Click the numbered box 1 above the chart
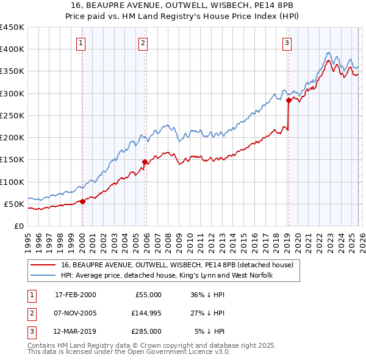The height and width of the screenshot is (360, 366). pos(81,43)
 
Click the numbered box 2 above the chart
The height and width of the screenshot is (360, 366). pos(143,43)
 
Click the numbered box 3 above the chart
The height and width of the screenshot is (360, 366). pos(287,43)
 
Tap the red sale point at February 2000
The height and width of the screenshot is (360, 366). pos(82,202)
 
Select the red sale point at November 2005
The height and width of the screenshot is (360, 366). pos(145,162)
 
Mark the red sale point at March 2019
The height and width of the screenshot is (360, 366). pos(289,99)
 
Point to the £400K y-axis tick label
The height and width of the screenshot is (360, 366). pos(12,49)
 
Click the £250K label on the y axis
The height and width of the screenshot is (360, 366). pos(12,116)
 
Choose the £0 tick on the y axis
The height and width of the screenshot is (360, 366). pos(18,226)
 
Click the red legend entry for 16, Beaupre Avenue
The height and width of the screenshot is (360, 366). pos(178,265)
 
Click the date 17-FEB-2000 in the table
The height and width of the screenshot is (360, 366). pos(75,295)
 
